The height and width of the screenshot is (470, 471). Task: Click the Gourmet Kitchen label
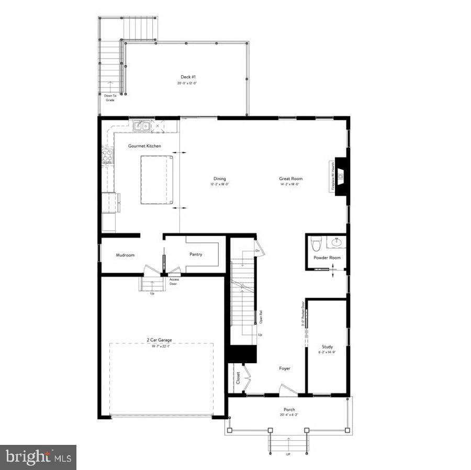pyautogui.click(x=144, y=146)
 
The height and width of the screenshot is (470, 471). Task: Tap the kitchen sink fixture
pyautogui.click(x=142, y=126)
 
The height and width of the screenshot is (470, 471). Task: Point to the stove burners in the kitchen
pyautogui.click(x=107, y=156)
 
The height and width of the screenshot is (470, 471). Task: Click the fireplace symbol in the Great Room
pyautogui.click(x=340, y=176)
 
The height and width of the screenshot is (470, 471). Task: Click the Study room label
pyautogui.click(x=327, y=347)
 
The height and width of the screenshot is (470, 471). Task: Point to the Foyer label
pyautogui.click(x=284, y=368)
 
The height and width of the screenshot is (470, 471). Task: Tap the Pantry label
pyautogui.click(x=196, y=255)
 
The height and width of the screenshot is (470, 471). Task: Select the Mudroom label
pyautogui.click(x=125, y=255)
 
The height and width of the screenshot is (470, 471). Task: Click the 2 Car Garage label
pyautogui.click(x=159, y=340)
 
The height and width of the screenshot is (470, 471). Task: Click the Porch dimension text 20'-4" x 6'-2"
pyautogui.click(x=289, y=416)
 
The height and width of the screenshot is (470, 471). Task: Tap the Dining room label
pyautogui.click(x=220, y=179)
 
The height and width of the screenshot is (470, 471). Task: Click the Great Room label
pyautogui.click(x=290, y=179)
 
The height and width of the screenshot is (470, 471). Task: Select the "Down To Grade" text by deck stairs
pyautogui.click(x=110, y=98)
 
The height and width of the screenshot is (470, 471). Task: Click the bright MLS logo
pyautogui.click(x=38, y=457)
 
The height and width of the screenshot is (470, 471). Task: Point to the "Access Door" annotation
pyautogui.click(x=174, y=281)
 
